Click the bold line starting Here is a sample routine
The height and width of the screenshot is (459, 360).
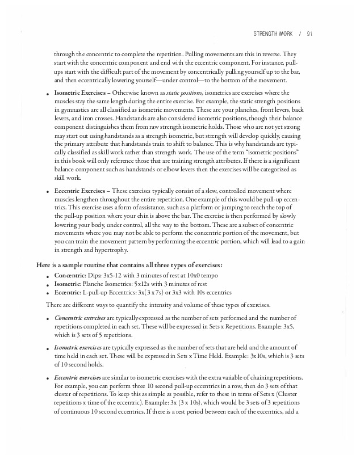129,265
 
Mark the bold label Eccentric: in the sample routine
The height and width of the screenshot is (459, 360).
67,292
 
